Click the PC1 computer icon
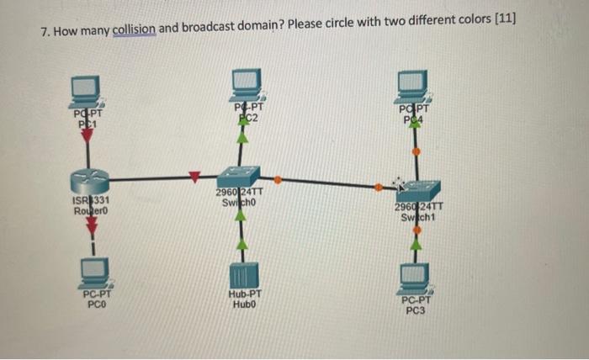pyautogui.click(x=86, y=87)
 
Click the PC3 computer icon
pyautogui.click(x=414, y=273)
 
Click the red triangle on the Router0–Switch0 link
pyautogui.click(x=194, y=176)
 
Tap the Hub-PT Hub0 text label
pyautogui.click(x=245, y=300)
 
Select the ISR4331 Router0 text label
pyautogui.click(x=89, y=205)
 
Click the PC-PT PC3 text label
pyautogui.click(x=416, y=304)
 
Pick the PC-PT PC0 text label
pyautogui.click(x=95, y=299)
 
